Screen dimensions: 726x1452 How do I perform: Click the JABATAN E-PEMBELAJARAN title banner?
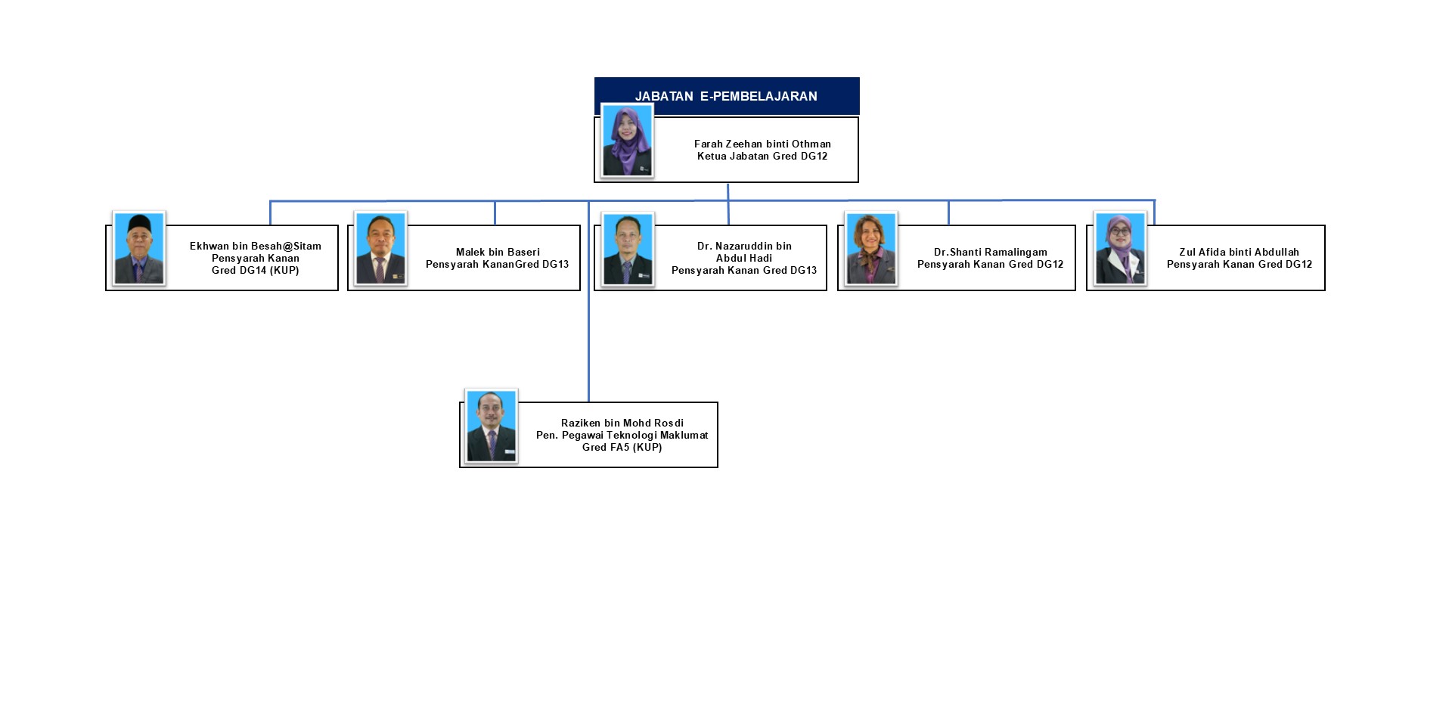[726, 96]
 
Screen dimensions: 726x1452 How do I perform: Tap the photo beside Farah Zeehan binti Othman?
[627, 141]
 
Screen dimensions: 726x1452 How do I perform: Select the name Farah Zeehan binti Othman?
[762, 144]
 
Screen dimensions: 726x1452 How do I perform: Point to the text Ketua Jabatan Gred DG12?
[762, 157]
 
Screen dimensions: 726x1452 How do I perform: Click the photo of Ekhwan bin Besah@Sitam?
[139, 249]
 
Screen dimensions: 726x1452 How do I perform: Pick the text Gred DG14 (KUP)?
[256, 271]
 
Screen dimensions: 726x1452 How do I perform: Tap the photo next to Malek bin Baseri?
[380, 249]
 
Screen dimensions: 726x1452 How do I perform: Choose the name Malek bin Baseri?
[498, 252]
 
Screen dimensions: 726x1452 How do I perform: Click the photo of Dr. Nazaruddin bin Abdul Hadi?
[628, 250]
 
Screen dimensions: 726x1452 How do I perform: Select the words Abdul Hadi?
[744, 258]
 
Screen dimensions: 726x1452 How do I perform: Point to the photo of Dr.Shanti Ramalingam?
[871, 249]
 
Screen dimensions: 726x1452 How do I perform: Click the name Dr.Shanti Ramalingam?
[990, 252]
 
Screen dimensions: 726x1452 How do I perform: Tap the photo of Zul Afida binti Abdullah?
[1120, 249]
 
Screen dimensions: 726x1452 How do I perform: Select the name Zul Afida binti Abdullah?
[1239, 252]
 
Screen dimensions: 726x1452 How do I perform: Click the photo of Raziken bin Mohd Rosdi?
[491, 426]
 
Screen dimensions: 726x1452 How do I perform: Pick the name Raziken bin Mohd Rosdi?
[622, 423]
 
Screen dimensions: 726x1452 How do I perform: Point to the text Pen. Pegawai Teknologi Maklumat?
[622, 436]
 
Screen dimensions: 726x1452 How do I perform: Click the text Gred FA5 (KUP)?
[622, 448]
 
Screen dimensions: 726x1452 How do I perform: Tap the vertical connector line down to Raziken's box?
[588, 340]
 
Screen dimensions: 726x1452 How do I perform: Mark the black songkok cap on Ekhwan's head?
[139, 223]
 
